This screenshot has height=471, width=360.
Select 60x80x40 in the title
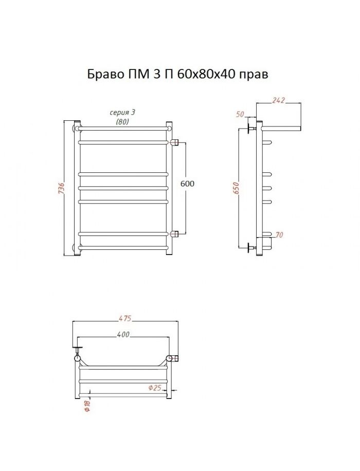(x=206, y=74)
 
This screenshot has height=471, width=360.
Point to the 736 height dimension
(x=61, y=188)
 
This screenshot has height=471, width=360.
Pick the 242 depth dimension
(x=278, y=100)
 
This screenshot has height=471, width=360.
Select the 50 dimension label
(x=240, y=115)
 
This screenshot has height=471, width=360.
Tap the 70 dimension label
(x=279, y=234)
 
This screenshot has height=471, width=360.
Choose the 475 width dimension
(x=125, y=318)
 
